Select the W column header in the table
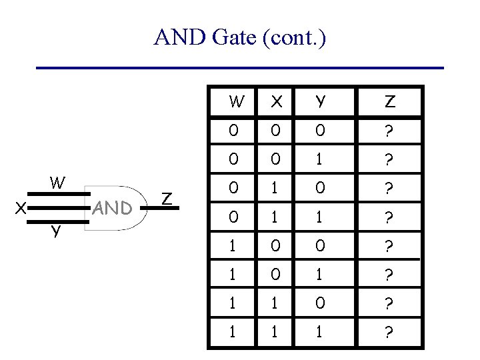click(236, 102)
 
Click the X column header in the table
click(275, 102)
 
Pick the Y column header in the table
click(321, 102)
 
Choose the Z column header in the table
click(390, 102)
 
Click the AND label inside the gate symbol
click(112, 209)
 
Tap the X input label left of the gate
click(21, 208)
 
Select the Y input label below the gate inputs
click(57, 231)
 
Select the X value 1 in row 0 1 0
click(275, 188)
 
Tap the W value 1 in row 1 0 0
click(233, 245)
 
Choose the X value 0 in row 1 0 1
click(275, 274)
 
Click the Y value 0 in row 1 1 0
click(321, 303)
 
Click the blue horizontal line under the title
click(239, 68)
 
